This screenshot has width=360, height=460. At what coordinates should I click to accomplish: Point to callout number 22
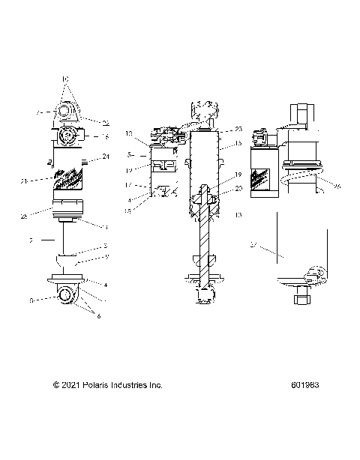click(x=106, y=124)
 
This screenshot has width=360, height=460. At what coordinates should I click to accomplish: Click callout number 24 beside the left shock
click(x=106, y=157)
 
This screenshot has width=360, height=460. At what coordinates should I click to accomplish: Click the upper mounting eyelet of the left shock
click(x=66, y=113)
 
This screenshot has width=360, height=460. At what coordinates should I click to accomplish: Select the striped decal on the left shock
click(x=70, y=181)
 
